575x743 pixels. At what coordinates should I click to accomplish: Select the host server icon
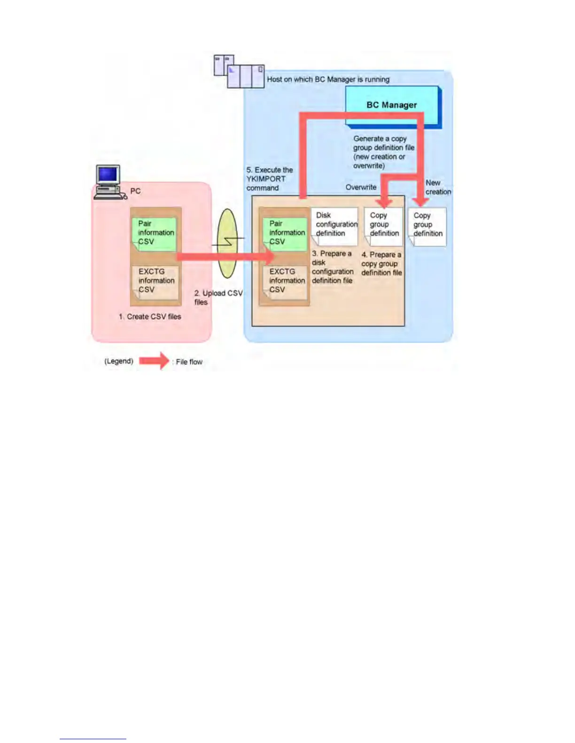click(239, 72)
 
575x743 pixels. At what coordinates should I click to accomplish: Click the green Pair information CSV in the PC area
click(155, 233)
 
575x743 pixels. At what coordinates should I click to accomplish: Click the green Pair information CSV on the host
click(286, 233)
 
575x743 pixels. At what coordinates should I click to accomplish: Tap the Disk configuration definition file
click(334, 226)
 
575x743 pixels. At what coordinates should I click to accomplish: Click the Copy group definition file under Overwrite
click(383, 226)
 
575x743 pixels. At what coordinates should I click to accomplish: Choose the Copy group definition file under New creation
click(427, 226)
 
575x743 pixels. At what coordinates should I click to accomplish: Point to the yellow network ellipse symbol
click(228, 243)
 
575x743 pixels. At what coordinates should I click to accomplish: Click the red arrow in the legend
click(154, 361)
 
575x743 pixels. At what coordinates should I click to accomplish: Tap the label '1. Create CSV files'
click(150, 317)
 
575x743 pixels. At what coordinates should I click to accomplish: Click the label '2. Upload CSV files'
click(218, 297)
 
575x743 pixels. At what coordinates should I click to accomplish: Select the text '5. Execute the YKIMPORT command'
click(269, 179)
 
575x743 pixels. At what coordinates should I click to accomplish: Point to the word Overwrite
click(361, 187)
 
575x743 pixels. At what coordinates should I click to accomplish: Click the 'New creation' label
click(438, 187)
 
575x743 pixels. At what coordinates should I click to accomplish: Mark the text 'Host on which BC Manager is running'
click(328, 79)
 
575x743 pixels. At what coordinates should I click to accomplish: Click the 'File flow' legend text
click(189, 362)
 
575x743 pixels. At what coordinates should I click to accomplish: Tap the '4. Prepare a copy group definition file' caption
click(381, 264)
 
